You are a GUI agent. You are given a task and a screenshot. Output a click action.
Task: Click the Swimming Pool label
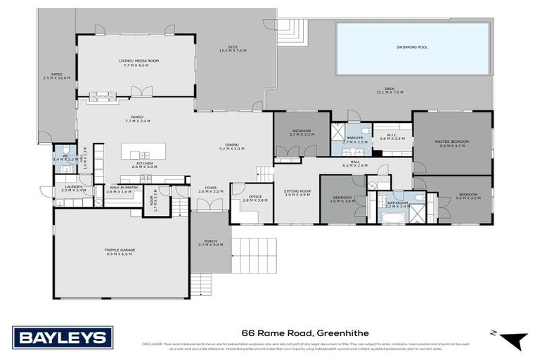[412, 48]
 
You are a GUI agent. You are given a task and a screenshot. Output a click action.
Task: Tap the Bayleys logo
[62, 337]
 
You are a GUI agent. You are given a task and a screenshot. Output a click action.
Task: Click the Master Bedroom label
[454, 143]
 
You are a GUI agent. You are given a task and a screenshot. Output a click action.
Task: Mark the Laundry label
[73, 188]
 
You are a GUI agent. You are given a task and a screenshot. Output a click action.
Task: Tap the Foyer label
[210, 189]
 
